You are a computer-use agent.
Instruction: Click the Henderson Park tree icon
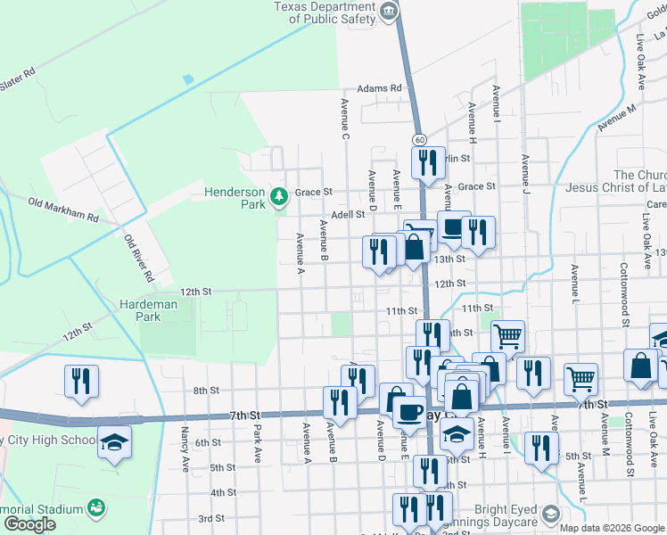click(279, 195)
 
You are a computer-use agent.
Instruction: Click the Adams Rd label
click(379, 89)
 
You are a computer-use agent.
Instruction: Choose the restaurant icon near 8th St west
click(82, 381)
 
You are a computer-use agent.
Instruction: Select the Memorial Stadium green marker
click(95, 509)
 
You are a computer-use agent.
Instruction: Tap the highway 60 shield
click(418, 140)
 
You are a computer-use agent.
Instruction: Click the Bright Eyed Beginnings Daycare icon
click(551, 514)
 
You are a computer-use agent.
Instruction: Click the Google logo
click(29, 524)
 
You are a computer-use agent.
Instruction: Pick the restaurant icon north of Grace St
click(426, 162)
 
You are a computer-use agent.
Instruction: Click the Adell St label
click(348, 215)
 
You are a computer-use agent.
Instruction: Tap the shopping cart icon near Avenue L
click(581, 378)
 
